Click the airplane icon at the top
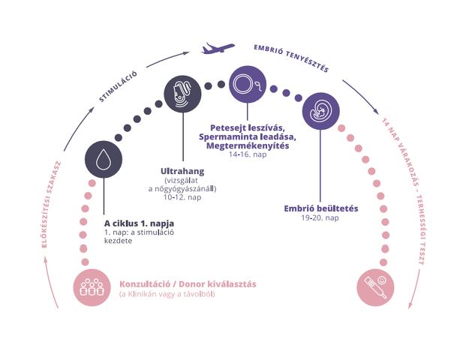[218, 49]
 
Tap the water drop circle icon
[104, 160]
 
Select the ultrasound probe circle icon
[183, 94]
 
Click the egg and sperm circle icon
[248, 84]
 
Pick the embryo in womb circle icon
[321, 111]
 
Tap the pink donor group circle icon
[92, 287]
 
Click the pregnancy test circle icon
[375, 287]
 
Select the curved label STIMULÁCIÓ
[119, 87]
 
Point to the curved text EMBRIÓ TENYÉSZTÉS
[291, 58]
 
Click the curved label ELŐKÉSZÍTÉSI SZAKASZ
[51, 204]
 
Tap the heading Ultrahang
[182, 171]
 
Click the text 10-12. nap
[182, 197]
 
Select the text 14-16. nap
[248, 154]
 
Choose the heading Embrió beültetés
[321, 208]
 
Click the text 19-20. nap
[320, 217]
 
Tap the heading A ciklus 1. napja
[139, 223]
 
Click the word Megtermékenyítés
[248, 145]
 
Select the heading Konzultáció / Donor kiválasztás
[188, 284]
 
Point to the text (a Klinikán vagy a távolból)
[167, 294]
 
